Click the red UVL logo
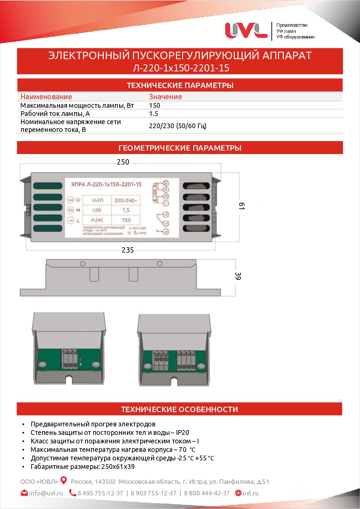click(246, 31)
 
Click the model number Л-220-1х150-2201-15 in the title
click(181, 68)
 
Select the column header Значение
click(165, 97)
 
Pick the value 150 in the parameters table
click(154, 105)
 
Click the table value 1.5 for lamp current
click(153, 114)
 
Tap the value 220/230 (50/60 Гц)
click(178, 126)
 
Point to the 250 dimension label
click(123, 162)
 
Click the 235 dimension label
click(128, 250)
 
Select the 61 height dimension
click(242, 206)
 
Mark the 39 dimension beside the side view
click(238, 276)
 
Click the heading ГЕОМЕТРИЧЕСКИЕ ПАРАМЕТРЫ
click(180, 148)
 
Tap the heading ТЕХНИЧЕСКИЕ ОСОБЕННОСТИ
click(179, 409)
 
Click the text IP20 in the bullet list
click(182, 432)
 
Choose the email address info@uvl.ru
click(46, 493)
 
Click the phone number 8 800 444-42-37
click(207, 493)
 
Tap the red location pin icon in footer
click(64, 480)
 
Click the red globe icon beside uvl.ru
click(238, 493)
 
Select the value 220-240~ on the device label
click(126, 200)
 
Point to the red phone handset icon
click(72, 493)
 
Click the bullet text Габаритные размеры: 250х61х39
click(82, 466)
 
